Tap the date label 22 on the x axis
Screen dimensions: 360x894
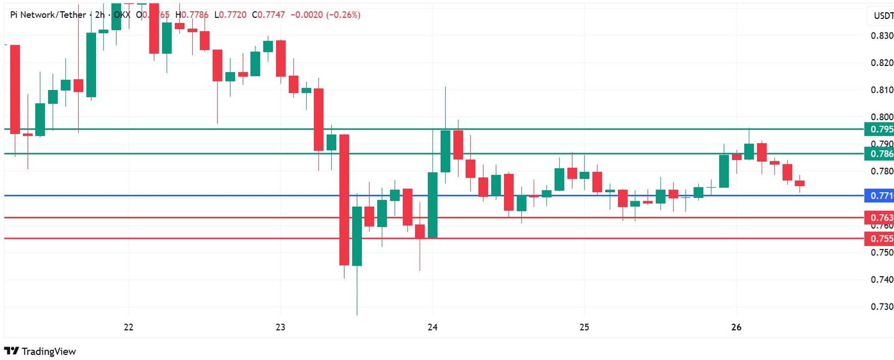(129, 327)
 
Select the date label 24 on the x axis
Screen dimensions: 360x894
(432, 327)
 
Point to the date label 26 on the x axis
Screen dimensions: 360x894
(736, 327)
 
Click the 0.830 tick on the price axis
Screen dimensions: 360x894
(882, 36)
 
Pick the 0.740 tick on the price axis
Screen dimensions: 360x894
(882, 280)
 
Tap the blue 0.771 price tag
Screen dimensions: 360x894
(881, 196)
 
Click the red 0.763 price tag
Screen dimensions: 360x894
(881, 217)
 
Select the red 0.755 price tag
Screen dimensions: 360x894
(881, 239)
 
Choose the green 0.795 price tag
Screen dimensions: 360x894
(881, 129)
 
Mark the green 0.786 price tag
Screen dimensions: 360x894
(881, 154)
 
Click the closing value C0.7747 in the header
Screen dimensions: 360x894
(268, 15)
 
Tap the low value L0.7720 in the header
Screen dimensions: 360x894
(230, 15)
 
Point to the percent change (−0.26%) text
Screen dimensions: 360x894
(343, 15)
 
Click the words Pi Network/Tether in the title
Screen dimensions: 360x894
(48, 15)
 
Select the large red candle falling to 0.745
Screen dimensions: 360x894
(344, 200)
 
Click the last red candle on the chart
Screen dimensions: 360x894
(800, 183)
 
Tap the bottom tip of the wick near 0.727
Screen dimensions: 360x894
(357, 315)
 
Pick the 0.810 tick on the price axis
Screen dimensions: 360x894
(882, 90)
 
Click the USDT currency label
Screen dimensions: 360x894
(883, 16)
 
